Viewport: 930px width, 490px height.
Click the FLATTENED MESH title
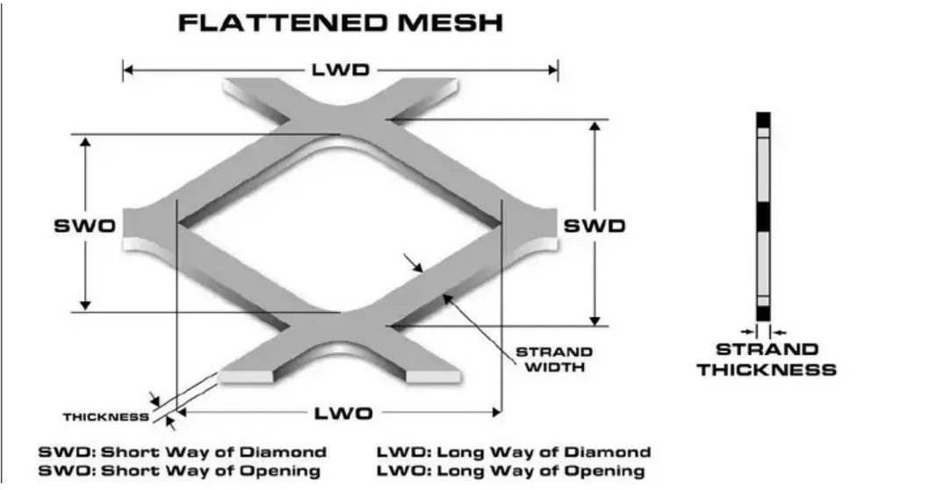pos(341,23)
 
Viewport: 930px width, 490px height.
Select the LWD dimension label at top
pos(341,70)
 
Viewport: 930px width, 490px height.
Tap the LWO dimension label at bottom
pos(342,413)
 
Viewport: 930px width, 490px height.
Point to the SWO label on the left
pos(84,226)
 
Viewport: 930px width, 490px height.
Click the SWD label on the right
pos(595,226)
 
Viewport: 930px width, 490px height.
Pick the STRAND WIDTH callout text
pos(554,359)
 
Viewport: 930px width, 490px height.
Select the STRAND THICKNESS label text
pos(767,359)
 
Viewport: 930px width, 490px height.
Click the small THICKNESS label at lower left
pos(106,417)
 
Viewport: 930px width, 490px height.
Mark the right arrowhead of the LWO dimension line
pos(496,413)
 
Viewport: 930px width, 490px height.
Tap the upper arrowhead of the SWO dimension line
pos(85,142)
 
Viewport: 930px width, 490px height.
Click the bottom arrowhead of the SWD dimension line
pos(595,320)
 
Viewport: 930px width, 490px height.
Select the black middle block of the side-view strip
pos(763,217)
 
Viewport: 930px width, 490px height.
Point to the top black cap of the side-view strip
pos(763,119)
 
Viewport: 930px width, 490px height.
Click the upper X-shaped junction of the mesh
pos(340,118)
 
